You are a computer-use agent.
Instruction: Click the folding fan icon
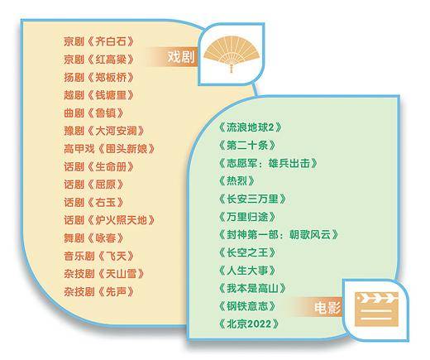(232, 55)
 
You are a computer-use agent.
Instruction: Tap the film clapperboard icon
(376, 310)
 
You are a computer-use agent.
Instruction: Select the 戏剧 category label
(181, 57)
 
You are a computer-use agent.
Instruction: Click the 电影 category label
(327, 308)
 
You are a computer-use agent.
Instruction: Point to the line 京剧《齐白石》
(98, 41)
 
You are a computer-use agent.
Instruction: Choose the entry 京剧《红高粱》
(98, 60)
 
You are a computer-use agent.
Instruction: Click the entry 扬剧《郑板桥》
(98, 77)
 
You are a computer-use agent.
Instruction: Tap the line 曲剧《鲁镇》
(93, 113)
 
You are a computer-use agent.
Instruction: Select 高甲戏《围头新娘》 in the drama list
(109, 149)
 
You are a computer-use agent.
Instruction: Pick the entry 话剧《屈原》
(93, 185)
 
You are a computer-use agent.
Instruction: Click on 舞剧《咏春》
(93, 238)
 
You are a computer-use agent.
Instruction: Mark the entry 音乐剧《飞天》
(98, 256)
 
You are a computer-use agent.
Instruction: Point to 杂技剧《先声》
(98, 292)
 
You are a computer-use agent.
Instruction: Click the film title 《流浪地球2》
(250, 127)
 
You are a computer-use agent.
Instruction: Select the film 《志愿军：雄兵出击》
(268, 163)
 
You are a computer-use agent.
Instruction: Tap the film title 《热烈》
(236, 181)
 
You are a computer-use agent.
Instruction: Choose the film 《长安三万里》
(252, 199)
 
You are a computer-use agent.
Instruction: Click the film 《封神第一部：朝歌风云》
(278, 235)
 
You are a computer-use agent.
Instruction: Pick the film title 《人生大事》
(247, 271)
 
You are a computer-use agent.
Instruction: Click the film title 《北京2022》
(249, 324)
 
